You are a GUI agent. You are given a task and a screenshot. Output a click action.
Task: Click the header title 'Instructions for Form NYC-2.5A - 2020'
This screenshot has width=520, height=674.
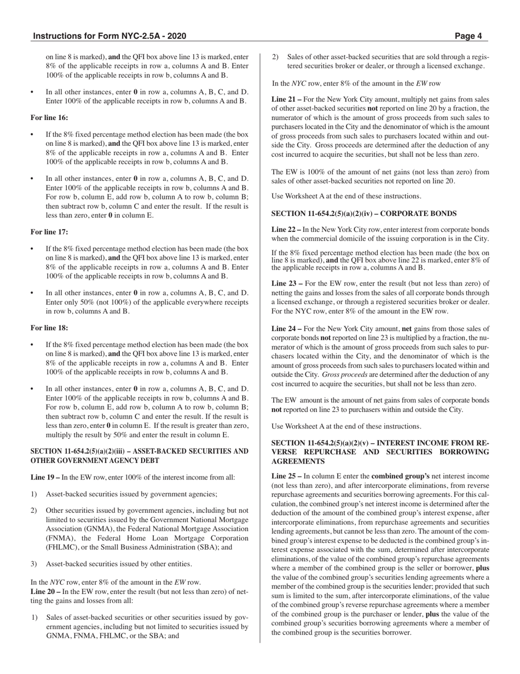(109, 36)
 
